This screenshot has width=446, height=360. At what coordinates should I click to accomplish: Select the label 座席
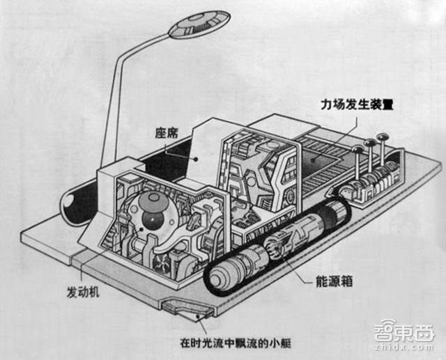point(167,131)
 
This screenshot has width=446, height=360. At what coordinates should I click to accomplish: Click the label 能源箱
point(323,283)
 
